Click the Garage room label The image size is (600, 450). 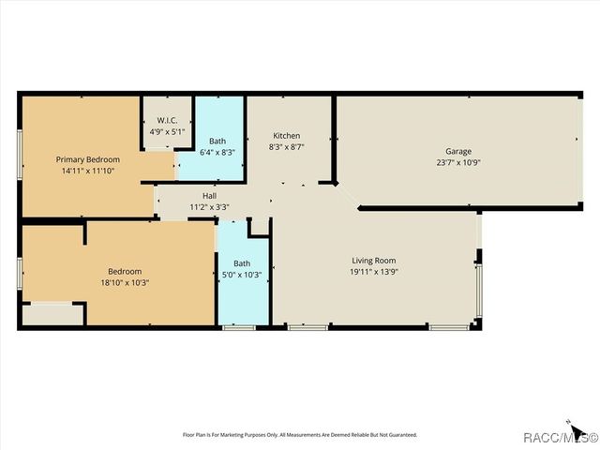[458, 151]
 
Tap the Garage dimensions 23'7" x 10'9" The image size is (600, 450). [458, 162]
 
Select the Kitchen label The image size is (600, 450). [286, 135]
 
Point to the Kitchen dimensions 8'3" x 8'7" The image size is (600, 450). [286, 146]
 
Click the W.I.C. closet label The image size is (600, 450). [168, 120]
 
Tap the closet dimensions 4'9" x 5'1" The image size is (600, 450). [168, 131]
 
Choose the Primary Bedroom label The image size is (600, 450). [88, 160]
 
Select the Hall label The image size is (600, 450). [209, 195]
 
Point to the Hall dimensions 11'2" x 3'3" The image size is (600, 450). [209, 206]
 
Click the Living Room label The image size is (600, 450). [374, 261]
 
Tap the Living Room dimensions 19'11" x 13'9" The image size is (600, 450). [374, 272]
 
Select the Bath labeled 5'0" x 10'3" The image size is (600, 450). [242, 269]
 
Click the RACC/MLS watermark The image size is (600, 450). [561, 437]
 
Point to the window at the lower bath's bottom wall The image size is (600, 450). [239, 327]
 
